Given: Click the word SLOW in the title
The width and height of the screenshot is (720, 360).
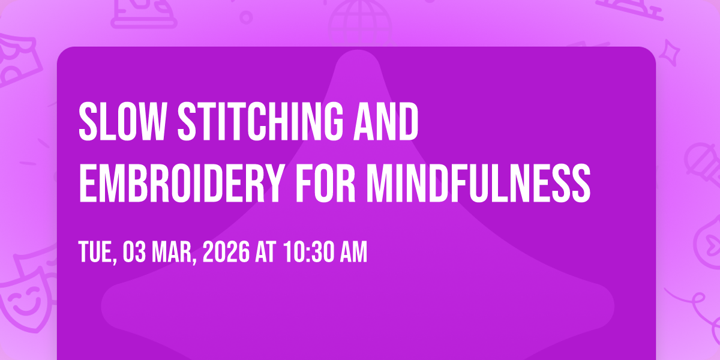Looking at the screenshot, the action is [x=123, y=121].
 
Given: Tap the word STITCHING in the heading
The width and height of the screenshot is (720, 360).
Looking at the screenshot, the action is [x=260, y=121].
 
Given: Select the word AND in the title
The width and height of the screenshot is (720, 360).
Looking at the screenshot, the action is [x=386, y=121].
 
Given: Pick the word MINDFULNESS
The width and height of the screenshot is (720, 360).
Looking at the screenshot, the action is [x=479, y=183].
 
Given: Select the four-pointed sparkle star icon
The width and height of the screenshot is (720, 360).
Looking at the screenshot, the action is [x=670, y=53].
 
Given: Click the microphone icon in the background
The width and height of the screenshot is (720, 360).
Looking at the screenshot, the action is [x=703, y=164].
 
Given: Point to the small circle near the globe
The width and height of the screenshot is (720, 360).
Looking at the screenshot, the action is [x=246, y=17].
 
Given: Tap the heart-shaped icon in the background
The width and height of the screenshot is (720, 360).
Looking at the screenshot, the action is [x=709, y=244].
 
